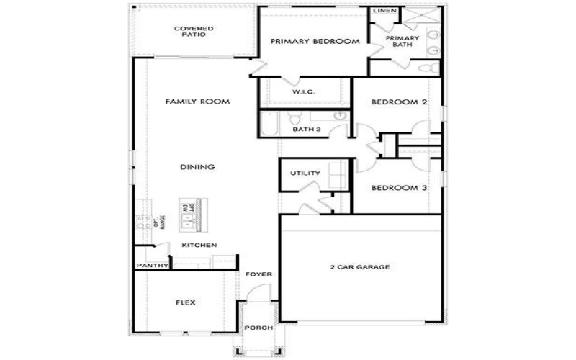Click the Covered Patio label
pyautogui.click(x=194, y=32)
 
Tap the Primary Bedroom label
pyautogui.click(x=315, y=42)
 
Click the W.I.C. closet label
pyautogui.click(x=302, y=93)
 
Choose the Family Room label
pyautogui.click(x=197, y=102)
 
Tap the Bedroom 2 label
pyautogui.click(x=399, y=102)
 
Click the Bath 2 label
pyautogui.click(x=306, y=130)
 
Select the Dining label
pyautogui.click(x=197, y=168)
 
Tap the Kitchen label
pyautogui.click(x=199, y=246)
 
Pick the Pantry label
pyautogui.click(x=152, y=266)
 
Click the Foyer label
pyautogui.click(x=257, y=274)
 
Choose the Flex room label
pyautogui.click(x=185, y=302)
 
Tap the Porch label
pyautogui.click(x=258, y=328)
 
